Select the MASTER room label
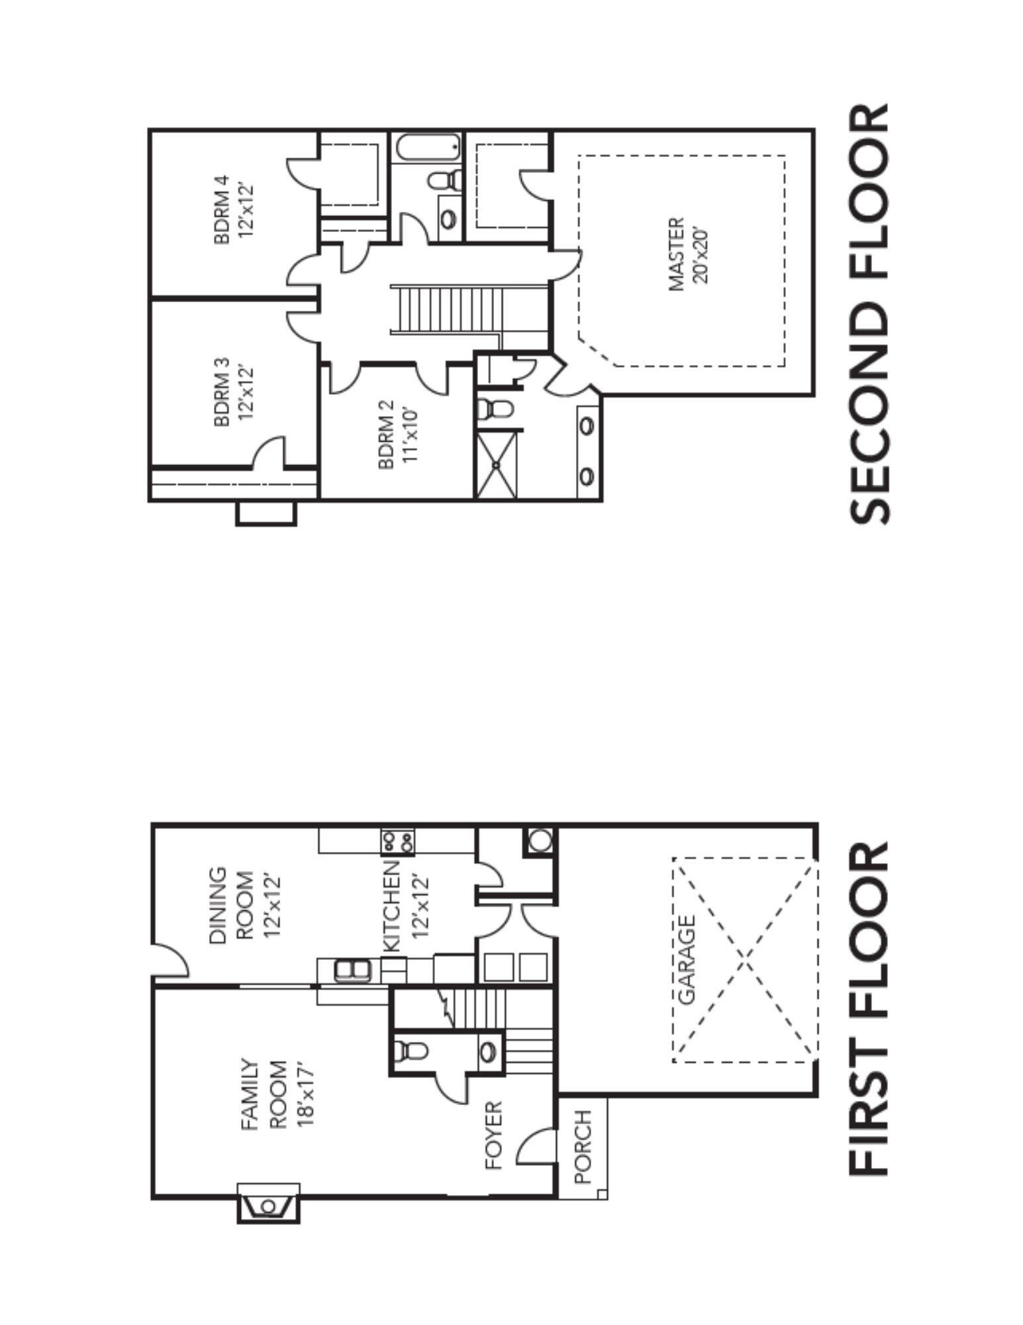coord(676,254)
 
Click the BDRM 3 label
coord(222,392)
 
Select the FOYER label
coord(495,1136)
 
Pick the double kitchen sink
coord(353,972)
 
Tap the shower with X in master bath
coord(497,464)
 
